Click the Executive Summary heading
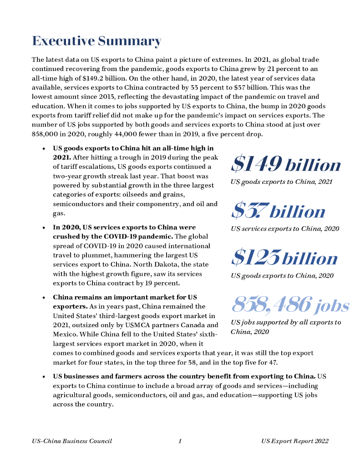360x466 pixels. (96, 41)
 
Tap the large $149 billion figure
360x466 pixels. (286, 164)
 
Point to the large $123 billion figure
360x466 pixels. (284, 258)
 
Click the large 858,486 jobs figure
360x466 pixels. (290, 305)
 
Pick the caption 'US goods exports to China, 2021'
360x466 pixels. (281, 182)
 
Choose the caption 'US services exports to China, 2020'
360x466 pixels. (285, 228)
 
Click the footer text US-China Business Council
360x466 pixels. (72, 441)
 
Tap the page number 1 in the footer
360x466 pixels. (180, 441)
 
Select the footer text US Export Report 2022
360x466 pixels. (295, 441)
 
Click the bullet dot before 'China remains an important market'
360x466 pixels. (43, 297)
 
